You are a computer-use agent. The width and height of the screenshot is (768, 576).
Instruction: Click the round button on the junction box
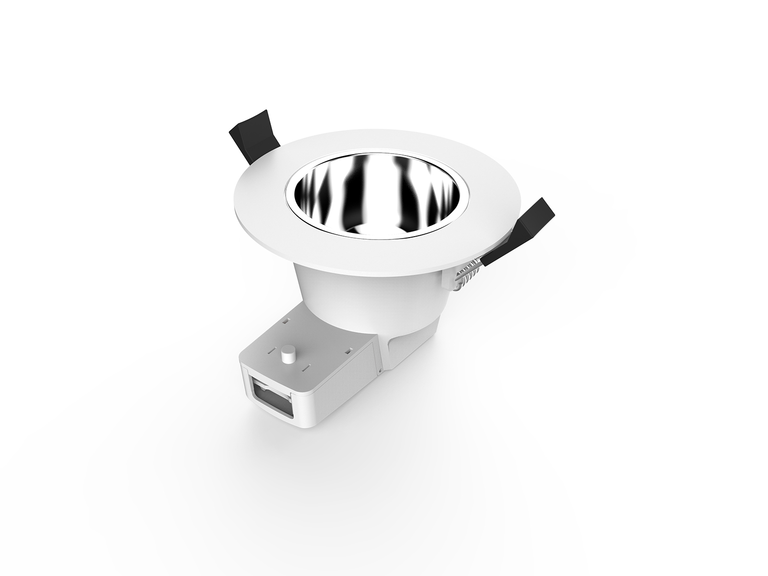(x=288, y=353)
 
